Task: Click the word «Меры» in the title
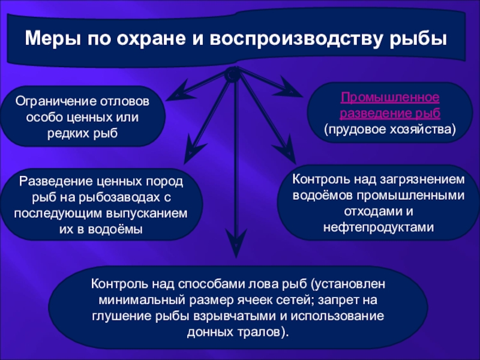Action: [53, 38]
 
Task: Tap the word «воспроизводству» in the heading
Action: [295, 39]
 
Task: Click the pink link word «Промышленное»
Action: [390, 98]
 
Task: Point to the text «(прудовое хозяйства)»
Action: [390, 130]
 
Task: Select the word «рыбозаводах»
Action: [118, 197]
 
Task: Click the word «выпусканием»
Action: [146, 214]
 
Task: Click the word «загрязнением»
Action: [422, 179]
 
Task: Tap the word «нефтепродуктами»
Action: [379, 227]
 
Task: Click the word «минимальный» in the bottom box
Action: [142, 300]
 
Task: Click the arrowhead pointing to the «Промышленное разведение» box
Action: [289, 88]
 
